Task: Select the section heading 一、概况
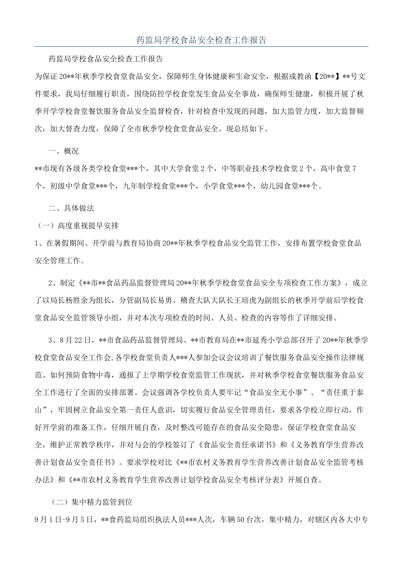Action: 64,151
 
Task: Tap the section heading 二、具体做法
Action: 71,208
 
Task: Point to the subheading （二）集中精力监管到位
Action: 92,502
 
